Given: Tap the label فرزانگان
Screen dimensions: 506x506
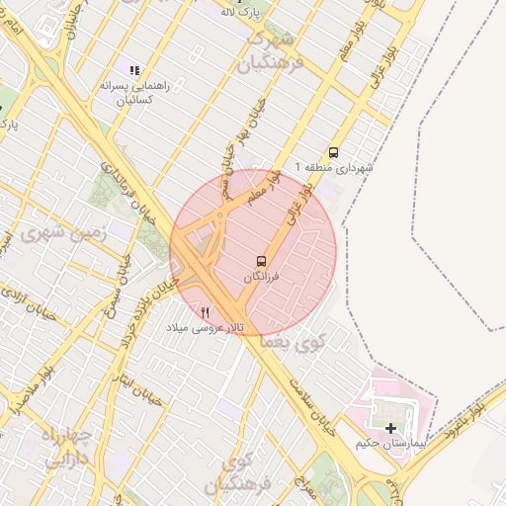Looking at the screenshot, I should pyautogui.click(x=262, y=279).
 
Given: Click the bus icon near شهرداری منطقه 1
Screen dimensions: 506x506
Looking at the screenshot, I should pyautogui.click(x=334, y=152).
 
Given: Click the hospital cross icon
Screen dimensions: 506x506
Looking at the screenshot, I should pyautogui.click(x=392, y=428).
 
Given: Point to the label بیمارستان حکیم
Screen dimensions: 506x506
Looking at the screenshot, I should pyautogui.click(x=392, y=444).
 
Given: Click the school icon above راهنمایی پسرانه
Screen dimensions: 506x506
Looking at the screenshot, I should pyautogui.click(x=134, y=70).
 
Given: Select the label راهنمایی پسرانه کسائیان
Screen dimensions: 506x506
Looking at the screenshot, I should pyautogui.click(x=134, y=93).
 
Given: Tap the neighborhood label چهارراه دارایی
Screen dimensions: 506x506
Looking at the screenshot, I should pyautogui.click(x=67, y=447).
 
